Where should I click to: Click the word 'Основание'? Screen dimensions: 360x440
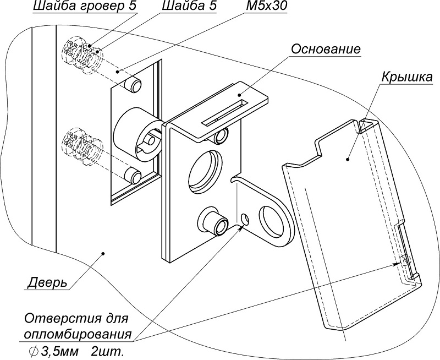pos(326,49)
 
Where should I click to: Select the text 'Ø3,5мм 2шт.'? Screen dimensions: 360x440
pos(72,351)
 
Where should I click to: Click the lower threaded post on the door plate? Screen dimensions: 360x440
pos(134,176)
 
